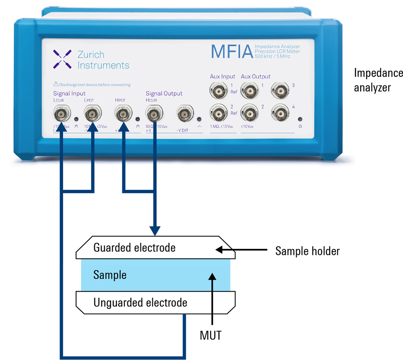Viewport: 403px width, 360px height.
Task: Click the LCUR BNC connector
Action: point(62,115)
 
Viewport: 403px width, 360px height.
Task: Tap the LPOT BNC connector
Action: point(93,115)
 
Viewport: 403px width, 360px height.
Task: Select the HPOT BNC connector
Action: point(123,115)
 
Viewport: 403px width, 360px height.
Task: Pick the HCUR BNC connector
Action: point(154,115)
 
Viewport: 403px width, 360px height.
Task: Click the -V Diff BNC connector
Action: point(185,115)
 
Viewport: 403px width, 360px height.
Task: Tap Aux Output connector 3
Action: point(280,91)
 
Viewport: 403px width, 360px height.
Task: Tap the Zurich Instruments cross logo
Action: point(62,59)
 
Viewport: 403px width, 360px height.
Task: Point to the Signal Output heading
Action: point(164,94)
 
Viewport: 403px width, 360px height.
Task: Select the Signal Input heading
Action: point(69,94)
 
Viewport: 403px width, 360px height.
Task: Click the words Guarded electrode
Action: point(134,247)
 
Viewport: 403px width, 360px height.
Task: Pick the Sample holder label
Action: point(307,251)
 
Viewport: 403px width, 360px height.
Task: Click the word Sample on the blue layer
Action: point(110,275)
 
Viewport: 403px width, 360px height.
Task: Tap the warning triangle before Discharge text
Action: point(56,84)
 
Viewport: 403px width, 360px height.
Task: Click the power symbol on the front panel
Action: point(300,126)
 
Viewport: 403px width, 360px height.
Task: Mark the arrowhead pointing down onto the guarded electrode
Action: point(154,231)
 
